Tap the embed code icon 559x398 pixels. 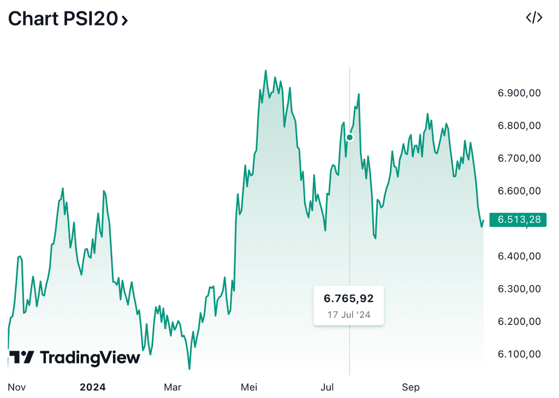[x=533, y=18]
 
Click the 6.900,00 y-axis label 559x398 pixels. [x=519, y=93]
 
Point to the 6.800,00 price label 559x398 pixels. [x=519, y=126]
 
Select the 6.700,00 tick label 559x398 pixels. [x=519, y=159]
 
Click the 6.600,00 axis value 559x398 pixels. [x=519, y=191]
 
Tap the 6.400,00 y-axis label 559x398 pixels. [x=519, y=256]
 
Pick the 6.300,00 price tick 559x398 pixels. [x=519, y=289]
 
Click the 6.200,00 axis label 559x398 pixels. [x=519, y=322]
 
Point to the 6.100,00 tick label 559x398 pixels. [x=519, y=354]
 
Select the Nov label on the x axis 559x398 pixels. [x=17, y=388]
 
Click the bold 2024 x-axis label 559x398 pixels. [x=92, y=388]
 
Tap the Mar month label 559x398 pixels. [x=173, y=388]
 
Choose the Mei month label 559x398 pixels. [x=249, y=388]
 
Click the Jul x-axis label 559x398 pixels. [x=327, y=388]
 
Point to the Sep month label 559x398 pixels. [x=411, y=388]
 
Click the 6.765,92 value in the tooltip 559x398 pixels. [x=349, y=299]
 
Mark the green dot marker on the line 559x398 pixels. [x=350, y=137]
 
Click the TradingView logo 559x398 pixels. [x=75, y=358]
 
